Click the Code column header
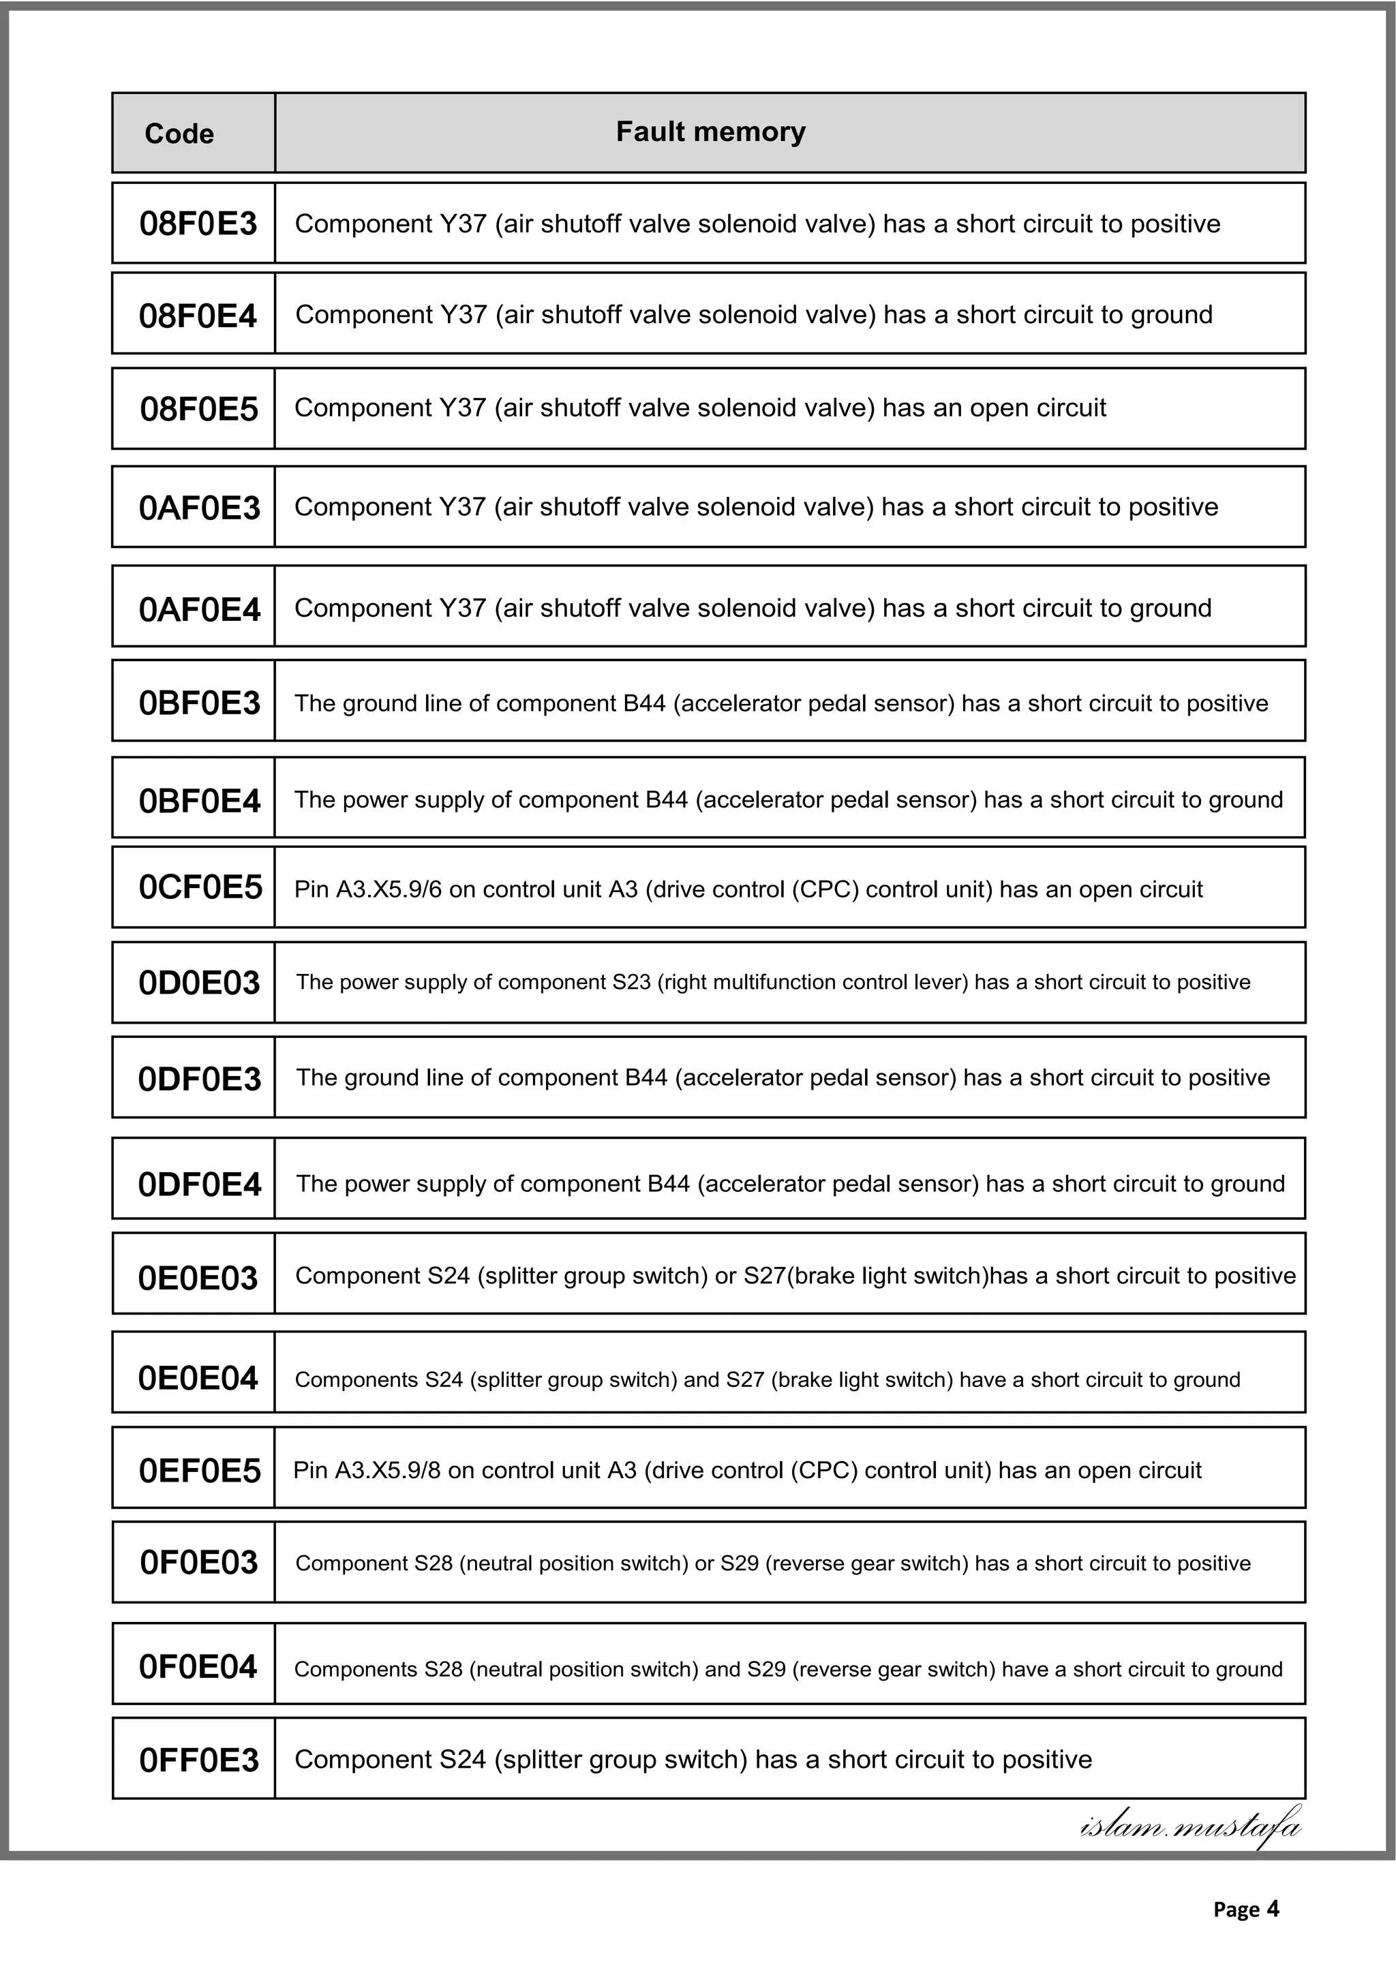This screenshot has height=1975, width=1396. [x=179, y=134]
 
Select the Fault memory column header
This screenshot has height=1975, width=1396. [x=710, y=132]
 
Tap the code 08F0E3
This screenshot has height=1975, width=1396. [x=198, y=224]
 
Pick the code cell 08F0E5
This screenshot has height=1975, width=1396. [x=198, y=409]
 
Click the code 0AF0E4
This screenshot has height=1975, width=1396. [x=200, y=609]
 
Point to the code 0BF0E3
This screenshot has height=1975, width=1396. [x=200, y=703]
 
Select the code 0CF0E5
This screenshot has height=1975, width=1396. [x=200, y=887]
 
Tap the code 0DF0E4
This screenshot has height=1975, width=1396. [x=200, y=1184]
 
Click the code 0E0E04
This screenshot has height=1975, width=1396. [x=198, y=1378]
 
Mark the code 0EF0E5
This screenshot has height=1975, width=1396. [x=200, y=1471]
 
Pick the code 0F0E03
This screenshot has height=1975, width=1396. [x=198, y=1562]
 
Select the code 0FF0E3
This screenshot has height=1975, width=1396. [x=198, y=1760]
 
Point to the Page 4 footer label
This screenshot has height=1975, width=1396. [x=1245, y=1910]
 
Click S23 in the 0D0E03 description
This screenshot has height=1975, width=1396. [x=631, y=982]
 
